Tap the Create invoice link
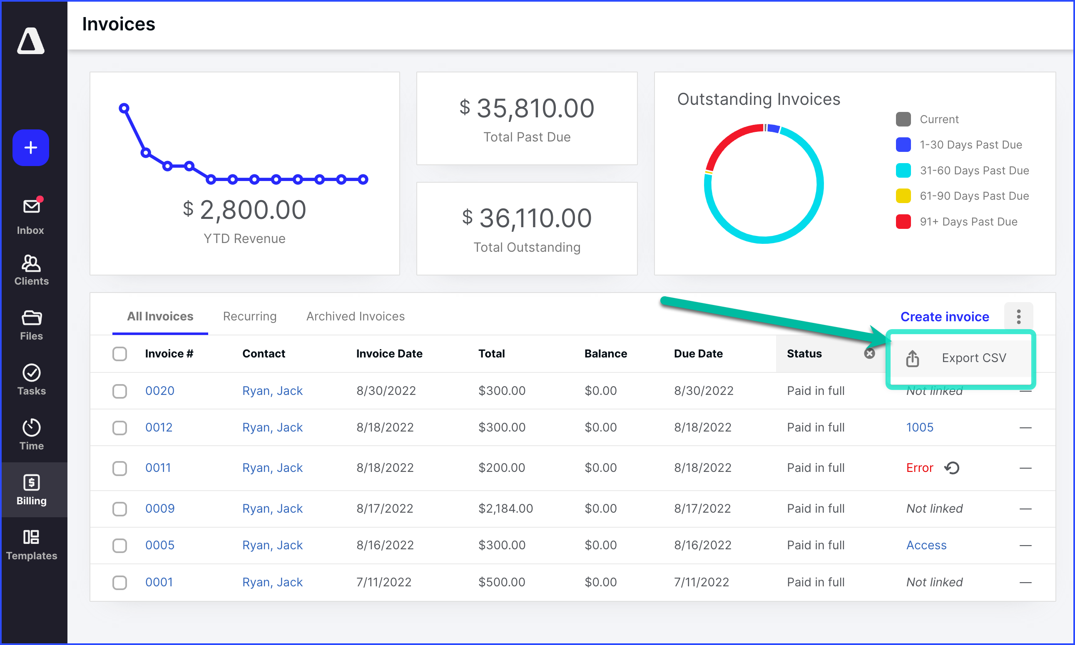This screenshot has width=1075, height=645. click(944, 316)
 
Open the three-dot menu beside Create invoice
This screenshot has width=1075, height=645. click(1018, 316)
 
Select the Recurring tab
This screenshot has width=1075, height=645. click(250, 316)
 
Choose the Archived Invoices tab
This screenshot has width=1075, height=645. click(355, 316)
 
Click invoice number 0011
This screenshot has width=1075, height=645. click(158, 468)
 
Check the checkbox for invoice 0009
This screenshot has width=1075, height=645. click(119, 509)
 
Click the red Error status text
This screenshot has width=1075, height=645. click(919, 468)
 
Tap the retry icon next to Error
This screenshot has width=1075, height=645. click(951, 468)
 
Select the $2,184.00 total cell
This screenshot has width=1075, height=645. click(505, 509)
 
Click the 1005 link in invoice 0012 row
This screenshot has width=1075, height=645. click(919, 427)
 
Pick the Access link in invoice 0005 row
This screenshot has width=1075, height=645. click(926, 545)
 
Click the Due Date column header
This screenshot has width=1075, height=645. click(698, 354)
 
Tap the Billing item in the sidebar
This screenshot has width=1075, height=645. click(31, 490)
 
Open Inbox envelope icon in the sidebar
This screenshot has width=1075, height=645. click(31, 206)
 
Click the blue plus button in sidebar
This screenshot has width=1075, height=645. click(30, 148)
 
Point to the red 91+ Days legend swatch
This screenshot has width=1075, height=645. click(903, 222)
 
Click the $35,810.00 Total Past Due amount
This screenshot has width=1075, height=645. click(527, 108)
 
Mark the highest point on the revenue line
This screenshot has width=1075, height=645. click(124, 108)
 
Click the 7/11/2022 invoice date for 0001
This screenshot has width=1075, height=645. click(383, 582)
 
